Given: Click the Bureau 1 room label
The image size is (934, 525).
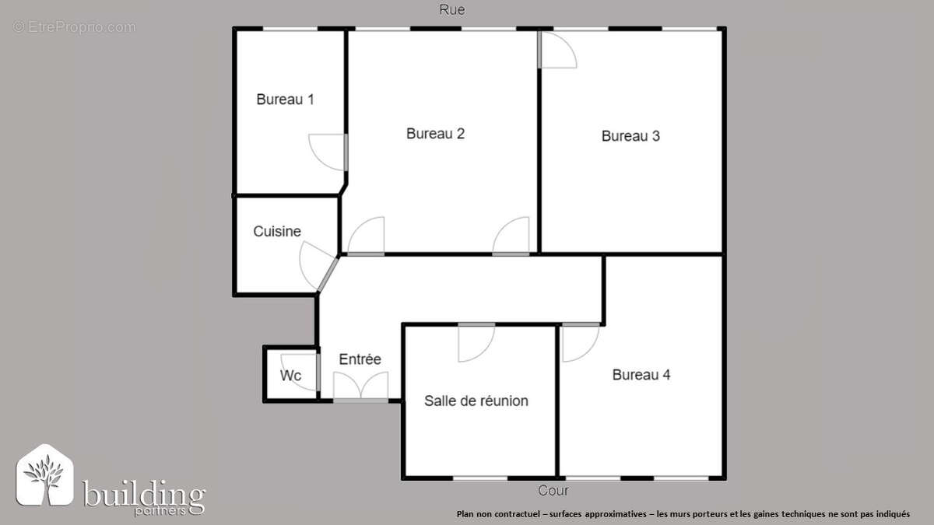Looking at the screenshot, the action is coord(285,100).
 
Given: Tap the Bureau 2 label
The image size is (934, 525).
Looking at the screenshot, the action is coord(435,133).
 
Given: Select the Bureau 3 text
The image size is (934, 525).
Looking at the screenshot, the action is coord(630,136).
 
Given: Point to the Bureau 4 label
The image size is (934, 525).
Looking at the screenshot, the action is coord(641,375).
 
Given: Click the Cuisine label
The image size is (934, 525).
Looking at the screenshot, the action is coord(277,231).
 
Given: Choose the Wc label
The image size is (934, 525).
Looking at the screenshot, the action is coord(290,376).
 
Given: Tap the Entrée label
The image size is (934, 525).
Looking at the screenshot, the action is coord(360,359).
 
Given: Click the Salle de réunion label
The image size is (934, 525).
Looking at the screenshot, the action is coord(476,401).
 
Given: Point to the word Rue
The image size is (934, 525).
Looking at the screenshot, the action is coord(452,9).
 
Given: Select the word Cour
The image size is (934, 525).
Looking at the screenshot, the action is coord(553,491).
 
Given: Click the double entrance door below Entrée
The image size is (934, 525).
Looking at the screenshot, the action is coord(360,387).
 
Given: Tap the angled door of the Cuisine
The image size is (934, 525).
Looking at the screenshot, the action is coord(318,266).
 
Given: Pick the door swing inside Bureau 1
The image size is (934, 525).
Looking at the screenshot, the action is coord(328,152).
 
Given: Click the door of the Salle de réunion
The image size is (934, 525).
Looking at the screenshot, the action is coord(476,342).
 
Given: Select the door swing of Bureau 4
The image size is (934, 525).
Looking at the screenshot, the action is coord(581,342).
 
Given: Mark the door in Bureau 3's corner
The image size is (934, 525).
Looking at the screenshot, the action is coord(557,50).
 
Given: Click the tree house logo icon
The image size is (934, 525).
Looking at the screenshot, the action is coord(45,475).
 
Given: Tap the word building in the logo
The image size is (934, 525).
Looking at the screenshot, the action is coord(143,493).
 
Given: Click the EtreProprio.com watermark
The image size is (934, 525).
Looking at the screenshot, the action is coord(74,27).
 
